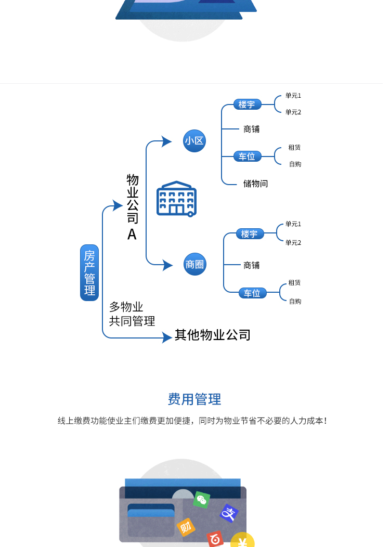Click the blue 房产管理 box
point(89,273)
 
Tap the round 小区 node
point(194,140)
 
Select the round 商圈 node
point(195,264)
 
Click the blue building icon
point(176,199)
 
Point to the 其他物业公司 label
point(213,335)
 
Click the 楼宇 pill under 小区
point(247,105)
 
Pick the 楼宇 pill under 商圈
point(250,234)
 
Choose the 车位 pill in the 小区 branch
point(248,156)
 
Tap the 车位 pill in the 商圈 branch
point(252,293)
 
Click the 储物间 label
point(255,184)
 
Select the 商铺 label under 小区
point(252,129)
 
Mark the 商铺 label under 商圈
point(252,265)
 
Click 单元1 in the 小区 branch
point(293,96)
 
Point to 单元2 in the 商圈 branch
point(293,243)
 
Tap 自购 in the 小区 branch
point(295,164)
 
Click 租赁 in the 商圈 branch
point(294,283)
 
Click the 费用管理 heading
point(194,399)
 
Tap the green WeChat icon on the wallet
point(202,500)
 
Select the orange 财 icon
point(186,527)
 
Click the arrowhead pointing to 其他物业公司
point(167,338)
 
